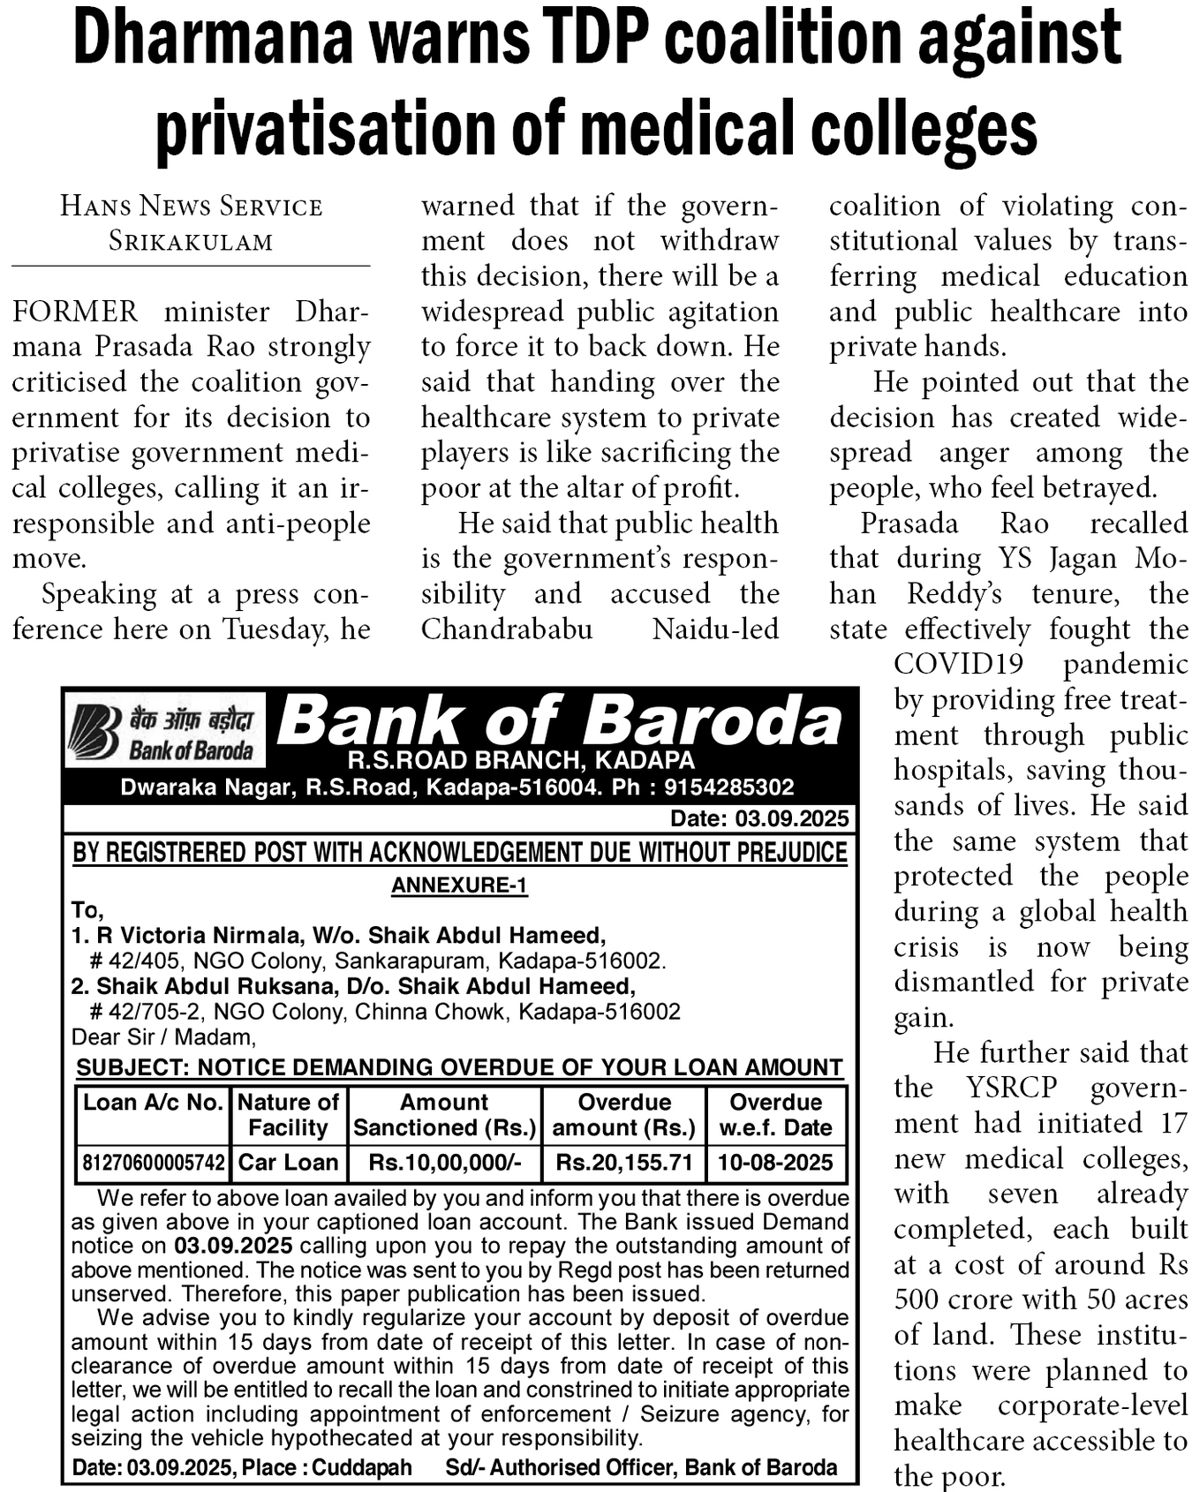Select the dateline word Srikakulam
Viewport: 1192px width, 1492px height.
191,242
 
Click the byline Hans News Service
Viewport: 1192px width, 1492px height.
191,207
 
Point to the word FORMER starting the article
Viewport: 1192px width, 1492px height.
75,312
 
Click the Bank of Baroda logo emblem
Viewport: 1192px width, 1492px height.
94,731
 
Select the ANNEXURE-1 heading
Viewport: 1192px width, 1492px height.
459,885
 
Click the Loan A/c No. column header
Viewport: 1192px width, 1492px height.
153,1103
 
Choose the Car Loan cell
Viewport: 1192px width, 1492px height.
288,1163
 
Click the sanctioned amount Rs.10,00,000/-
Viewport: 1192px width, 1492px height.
444,1163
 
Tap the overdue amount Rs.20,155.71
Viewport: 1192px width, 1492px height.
623,1163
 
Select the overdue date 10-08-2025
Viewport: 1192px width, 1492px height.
775,1163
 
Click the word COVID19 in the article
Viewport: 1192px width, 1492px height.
958,664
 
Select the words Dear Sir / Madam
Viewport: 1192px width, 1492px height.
163,1036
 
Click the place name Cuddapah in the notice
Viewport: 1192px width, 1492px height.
362,1467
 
